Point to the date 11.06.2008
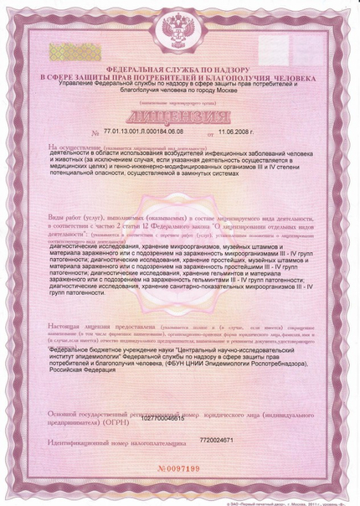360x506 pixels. (237, 132)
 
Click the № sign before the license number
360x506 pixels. (95, 133)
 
